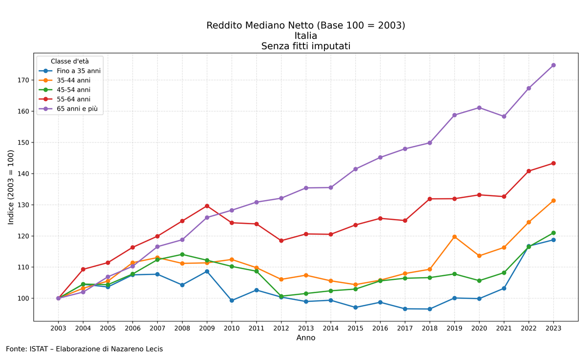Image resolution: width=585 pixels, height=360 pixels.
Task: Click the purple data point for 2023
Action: click(553, 65)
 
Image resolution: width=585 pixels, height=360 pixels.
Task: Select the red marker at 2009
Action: click(207, 206)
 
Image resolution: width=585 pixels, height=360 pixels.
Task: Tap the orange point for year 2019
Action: click(454, 237)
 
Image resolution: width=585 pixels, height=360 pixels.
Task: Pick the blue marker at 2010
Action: click(232, 300)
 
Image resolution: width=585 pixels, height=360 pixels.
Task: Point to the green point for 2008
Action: click(182, 255)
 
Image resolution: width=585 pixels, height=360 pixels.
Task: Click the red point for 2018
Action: click(430, 199)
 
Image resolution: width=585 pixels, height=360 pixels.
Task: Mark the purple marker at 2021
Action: click(504, 117)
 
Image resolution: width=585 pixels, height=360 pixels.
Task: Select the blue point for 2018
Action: click(430, 309)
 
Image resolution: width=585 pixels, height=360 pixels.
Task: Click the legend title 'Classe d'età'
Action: click(70, 61)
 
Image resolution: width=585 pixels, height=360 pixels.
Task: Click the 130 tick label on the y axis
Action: click(23, 205)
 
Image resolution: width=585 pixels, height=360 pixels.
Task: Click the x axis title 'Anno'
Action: click(306, 338)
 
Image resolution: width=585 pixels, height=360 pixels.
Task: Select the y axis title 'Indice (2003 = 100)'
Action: click(11, 187)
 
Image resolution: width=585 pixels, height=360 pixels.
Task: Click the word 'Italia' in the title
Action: click(306, 36)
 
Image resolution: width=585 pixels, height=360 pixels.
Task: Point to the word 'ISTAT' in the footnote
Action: click(38, 349)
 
